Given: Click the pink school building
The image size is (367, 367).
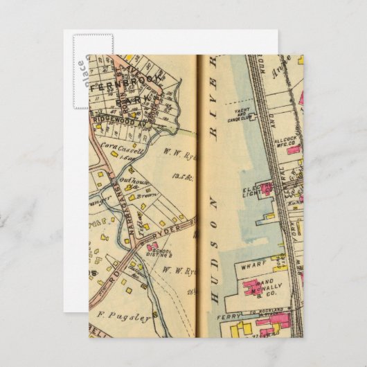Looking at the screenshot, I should point(153,245).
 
